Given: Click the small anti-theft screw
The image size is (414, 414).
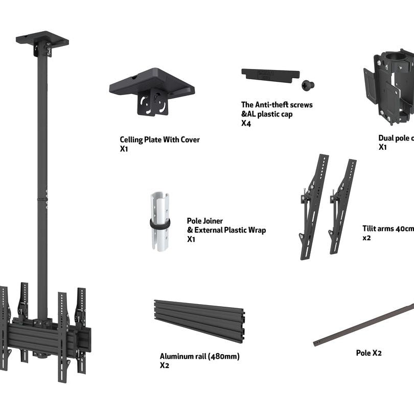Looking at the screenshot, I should click(308, 85).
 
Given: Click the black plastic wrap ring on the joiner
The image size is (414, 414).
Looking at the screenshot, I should click(160, 224).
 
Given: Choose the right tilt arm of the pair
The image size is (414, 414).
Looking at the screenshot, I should click(342, 205).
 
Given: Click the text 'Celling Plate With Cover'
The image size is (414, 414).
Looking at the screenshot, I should click(159, 140).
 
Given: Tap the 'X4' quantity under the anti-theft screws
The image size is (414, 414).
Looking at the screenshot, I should click(246, 123).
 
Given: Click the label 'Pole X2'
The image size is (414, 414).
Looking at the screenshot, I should click(369, 353).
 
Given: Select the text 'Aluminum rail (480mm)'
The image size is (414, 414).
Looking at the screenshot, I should click(199, 356).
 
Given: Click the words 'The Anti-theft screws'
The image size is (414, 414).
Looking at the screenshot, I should click(277, 105).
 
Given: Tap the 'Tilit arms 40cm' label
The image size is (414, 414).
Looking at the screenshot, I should click(388, 229).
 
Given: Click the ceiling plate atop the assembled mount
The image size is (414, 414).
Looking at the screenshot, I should click(42, 39).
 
